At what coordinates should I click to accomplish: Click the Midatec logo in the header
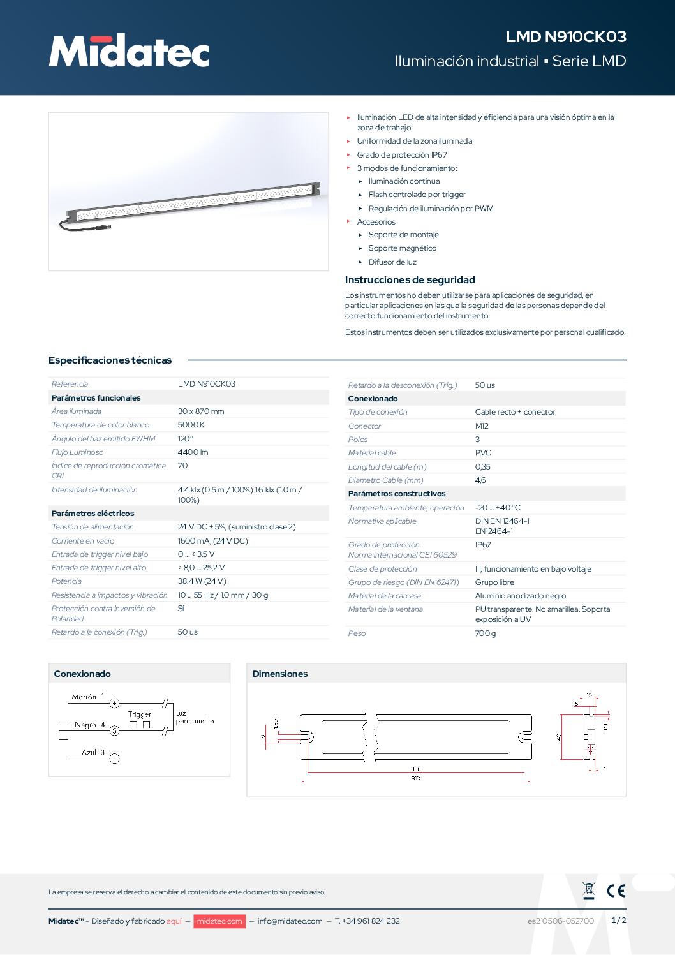click(x=129, y=50)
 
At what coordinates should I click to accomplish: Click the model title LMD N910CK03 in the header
click(x=566, y=36)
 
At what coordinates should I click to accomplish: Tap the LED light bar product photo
click(x=189, y=192)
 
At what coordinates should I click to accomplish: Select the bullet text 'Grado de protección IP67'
click(x=402, y=155)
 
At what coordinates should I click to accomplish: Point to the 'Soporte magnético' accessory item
click(x=403, y=248)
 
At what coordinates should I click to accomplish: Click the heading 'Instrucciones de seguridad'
click(x=410, y=280)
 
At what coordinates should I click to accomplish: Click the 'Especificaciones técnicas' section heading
click(x=110, y=360)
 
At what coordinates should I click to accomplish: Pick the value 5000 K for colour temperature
click(x=191, y=425)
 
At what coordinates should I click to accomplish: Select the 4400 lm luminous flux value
click(x=193, y=452)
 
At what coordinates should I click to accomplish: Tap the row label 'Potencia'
click(x=66, y=581)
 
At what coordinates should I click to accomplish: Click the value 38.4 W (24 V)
click(x=202, y=581)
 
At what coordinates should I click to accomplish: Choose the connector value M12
click(x=482, y=426)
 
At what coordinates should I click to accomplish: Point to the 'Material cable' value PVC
click(x=483, y=453)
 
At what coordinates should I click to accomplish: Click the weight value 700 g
click(x=485, y=633)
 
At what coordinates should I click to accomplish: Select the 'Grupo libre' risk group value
click(x=494, y=582)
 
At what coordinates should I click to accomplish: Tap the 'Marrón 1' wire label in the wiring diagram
click(x=88, y=697)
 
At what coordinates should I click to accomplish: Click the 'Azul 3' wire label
click(x=93, y=753)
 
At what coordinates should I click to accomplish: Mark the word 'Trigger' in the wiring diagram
click(x=140, y=714)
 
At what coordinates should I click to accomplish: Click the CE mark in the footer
click(x=616, y=891)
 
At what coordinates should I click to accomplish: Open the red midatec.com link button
click(x=219, y=921)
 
